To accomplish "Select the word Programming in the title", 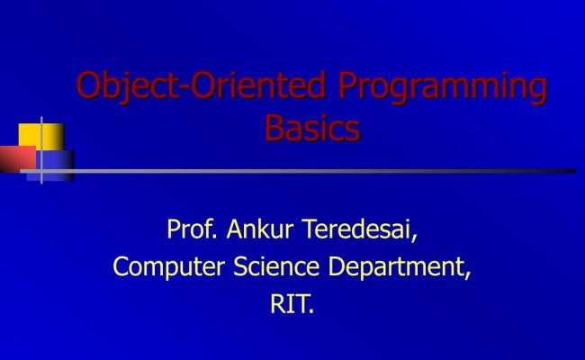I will (443, 87).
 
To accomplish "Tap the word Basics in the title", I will (312, 128).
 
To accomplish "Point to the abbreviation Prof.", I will (189, 230).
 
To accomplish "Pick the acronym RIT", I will (289, 304).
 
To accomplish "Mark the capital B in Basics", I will (274, 128).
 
